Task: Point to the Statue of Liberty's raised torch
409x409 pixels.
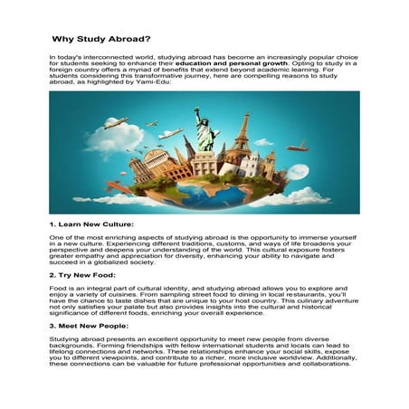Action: [x=195, y=112]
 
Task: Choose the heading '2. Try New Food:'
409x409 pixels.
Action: [x=82, y=273]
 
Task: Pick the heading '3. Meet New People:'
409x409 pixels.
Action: [x=90, y=323]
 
